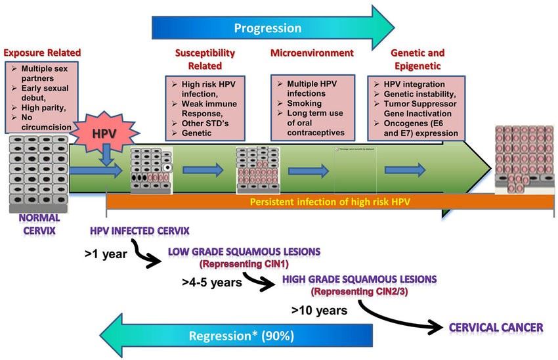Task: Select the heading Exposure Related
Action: (41, 52)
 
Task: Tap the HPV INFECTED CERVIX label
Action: (140, 231)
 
